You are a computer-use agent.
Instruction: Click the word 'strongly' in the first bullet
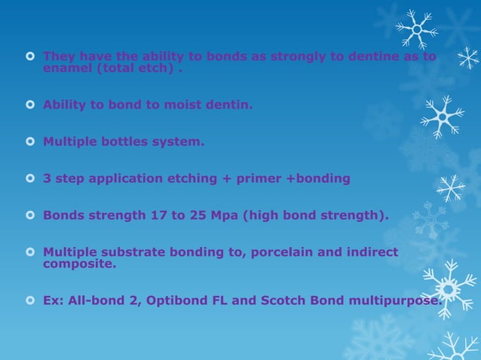tap(285, 56)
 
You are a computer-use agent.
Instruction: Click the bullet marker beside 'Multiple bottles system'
tap(30, 141)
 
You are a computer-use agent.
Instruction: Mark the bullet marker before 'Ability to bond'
tap(30, 105)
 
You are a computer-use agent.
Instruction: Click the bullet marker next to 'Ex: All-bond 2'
tap(30, 301)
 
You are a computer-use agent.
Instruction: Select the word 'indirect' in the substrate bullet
tap(372, 252)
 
